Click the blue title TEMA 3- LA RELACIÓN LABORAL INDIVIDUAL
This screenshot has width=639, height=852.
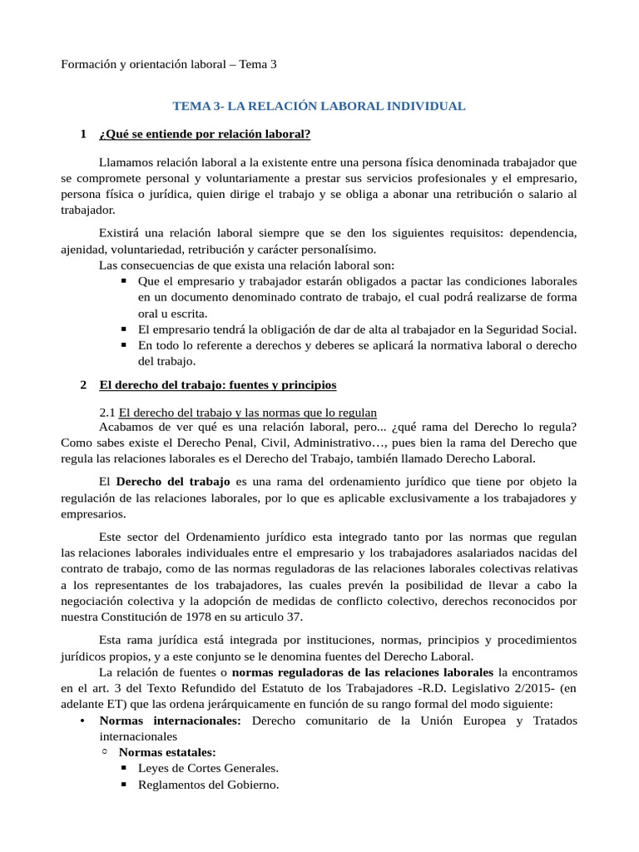(x=319, y=106)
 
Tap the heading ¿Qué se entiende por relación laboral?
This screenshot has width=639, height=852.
(x=204, y=133)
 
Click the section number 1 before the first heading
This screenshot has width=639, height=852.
(x=83, y=133)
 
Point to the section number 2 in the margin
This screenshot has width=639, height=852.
(x=83, y=384)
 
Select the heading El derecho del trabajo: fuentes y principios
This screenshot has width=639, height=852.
(x=218, y=384)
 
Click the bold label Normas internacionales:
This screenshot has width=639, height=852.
(x=170, y=720)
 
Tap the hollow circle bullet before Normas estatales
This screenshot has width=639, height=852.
(x=104, y=752)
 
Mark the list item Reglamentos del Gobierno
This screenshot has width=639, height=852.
(x=208, y=785)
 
